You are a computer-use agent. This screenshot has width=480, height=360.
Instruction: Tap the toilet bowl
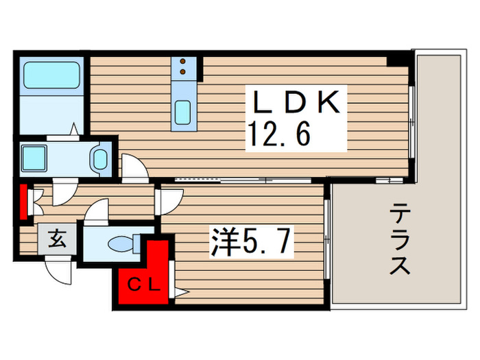coord(121,243)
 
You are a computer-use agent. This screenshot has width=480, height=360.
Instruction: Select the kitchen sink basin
coord(182,112)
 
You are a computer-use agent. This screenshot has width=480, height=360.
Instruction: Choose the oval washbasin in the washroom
coord(100,159)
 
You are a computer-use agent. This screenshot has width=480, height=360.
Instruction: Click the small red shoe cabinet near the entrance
coord(23,200)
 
